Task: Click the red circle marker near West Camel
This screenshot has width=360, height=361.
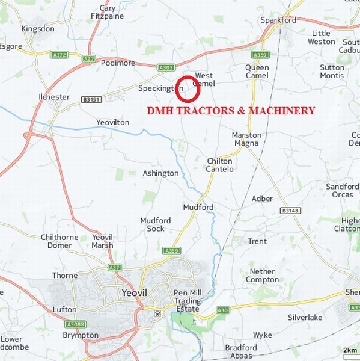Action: point(188,89)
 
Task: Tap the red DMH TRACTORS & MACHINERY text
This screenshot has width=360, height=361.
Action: point(231,111)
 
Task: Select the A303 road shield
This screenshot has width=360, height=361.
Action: point(166,68)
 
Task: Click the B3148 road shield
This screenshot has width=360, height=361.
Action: point(290,211)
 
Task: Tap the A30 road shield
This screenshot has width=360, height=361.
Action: point(223,310)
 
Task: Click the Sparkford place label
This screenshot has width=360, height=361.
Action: point(278,20)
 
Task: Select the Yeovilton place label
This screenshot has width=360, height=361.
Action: point(112,122)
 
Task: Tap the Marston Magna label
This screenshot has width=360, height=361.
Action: point(246,139)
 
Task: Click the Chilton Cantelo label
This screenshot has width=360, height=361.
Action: point(220,165)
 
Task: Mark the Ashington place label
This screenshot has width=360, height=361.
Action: point(160,173)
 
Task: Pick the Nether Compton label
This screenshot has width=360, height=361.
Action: point(263,276)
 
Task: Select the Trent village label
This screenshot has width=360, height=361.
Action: point(257,241)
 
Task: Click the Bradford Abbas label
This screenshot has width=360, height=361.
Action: point(241,351)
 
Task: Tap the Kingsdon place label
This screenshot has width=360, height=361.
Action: point(38,28)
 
